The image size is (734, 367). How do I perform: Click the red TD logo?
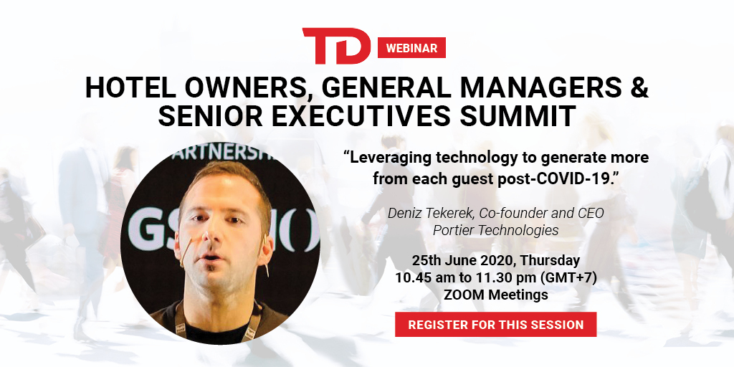coord(336,46)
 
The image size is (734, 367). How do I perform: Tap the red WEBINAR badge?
coord(411,48)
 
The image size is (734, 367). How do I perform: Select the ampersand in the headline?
coord(638,87)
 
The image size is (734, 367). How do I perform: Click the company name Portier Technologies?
coord(496,230)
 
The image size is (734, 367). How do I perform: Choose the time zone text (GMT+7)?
coord(568,278)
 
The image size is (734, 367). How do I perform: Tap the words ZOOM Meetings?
coord(496,295)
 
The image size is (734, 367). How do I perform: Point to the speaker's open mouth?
coord(211,258)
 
